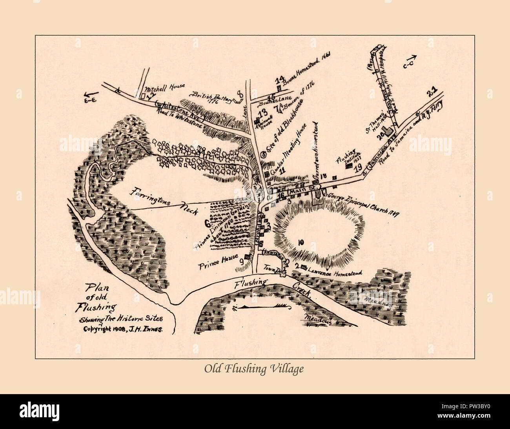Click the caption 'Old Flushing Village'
point(254,369)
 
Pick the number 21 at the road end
point(432,93)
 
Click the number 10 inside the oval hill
point(301,242)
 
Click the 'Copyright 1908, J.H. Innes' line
point(123,329)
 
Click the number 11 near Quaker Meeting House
point(282,170)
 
